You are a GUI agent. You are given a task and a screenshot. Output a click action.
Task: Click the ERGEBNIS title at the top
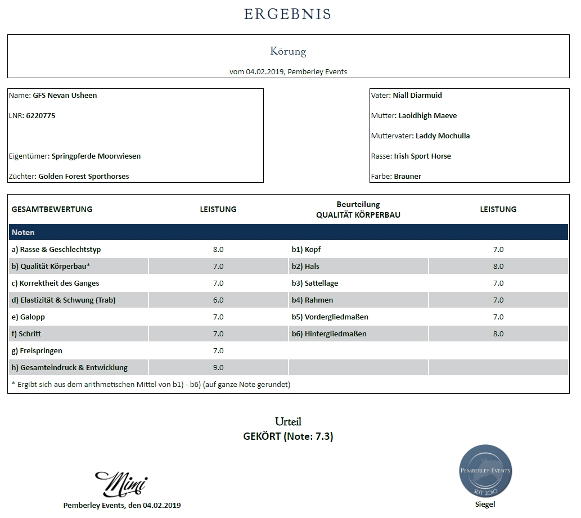click(287, 14)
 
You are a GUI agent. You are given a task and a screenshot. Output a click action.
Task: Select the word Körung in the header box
click(287, 51)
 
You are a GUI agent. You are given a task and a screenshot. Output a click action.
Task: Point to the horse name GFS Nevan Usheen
click(65, 96)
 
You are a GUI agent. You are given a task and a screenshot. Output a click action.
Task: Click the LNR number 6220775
click(41, 116)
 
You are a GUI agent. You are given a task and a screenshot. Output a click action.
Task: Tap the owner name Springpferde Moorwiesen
click(96, 156)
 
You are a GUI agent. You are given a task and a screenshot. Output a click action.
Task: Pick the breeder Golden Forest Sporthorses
click(84, 177)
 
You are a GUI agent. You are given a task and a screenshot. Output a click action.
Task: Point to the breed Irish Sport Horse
click(422, 156)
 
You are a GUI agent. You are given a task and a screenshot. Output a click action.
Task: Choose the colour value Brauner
click(408, 177)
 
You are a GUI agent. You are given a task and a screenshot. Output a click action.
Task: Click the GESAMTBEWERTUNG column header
click(52, 209)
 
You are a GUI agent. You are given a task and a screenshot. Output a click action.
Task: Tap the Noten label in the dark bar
click(23, 232)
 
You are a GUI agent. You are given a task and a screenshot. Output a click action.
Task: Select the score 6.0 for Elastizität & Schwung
click(218, 300)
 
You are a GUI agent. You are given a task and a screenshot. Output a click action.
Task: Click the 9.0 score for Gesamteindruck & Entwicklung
click(218, 368)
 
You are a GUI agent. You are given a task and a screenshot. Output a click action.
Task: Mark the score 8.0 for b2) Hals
click(498, 267)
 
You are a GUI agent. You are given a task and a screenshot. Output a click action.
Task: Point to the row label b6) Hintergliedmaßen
click(329, 334)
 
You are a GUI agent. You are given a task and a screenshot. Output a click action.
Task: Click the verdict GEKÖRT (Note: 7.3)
click(288, 436)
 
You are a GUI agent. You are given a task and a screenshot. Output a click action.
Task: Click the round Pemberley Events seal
click(485, 471)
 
